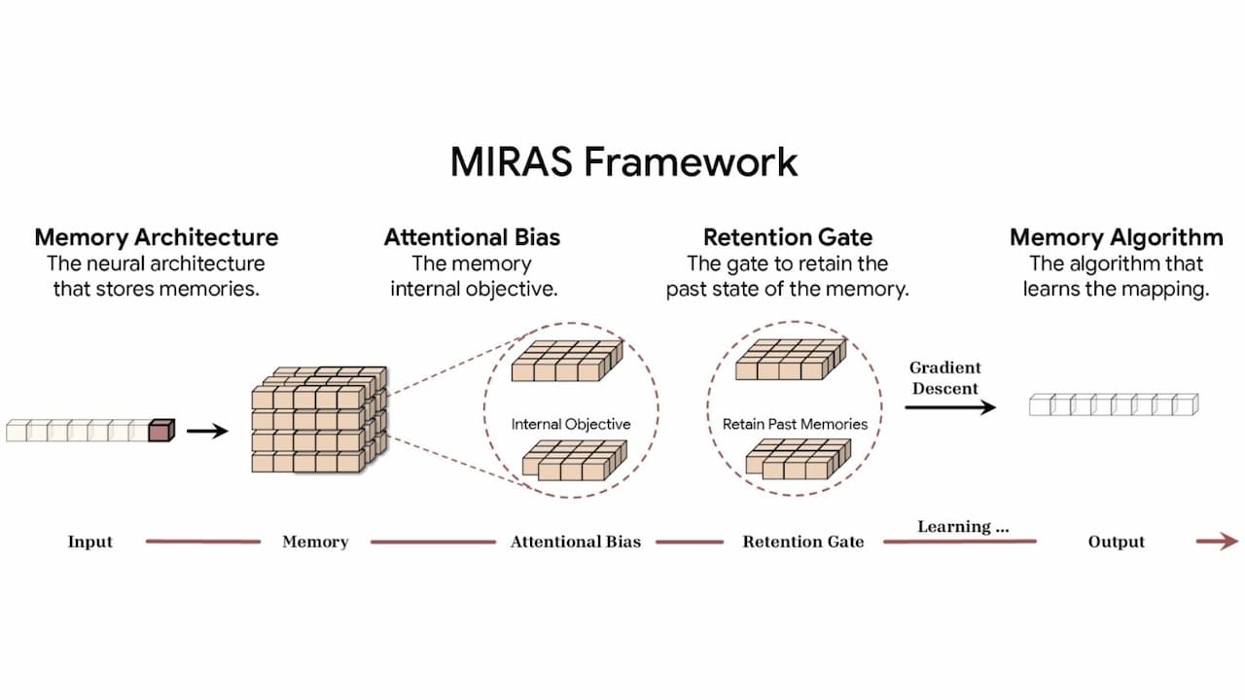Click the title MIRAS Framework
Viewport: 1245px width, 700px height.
(x=623, y=161)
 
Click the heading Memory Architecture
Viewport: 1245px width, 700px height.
(x=157, y=237)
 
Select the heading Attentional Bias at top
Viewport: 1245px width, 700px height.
(x=472, y=237)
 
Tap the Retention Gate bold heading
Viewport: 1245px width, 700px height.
(x=788, y=237)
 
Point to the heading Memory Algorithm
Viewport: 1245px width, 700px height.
(x=1116, y=237)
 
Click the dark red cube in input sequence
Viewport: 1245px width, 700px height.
(x=160, y=430)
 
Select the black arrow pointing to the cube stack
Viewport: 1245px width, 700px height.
(x=206, y=430)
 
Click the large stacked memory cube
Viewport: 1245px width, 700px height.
(x=318, y=420)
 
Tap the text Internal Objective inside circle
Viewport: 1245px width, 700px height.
(x=571, y=424)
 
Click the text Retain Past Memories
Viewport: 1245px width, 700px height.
(x=795, y=424)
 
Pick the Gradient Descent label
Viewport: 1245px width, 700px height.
(x=944, y=377)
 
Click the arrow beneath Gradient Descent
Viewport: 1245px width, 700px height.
(x=950, y=406)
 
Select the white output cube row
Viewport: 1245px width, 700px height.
(x=1114, y=404)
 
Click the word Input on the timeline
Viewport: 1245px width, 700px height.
(x=90, y=542)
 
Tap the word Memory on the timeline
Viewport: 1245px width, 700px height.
(x=315, y=542)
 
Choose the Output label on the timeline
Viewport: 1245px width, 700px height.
(x=1116, y=542)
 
